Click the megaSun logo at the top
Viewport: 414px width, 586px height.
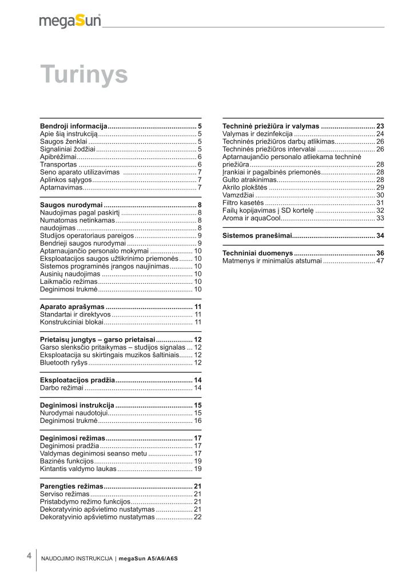point(70,21)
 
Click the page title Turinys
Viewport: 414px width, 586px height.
point(83,74)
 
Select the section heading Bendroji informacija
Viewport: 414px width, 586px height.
point(74,125)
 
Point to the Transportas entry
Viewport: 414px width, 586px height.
point(58,164)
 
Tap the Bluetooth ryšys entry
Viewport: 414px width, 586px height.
point(63,363)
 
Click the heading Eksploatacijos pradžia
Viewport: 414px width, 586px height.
point(78,380)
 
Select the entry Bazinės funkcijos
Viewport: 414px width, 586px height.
point(66,461)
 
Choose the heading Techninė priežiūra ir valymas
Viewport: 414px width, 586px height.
point(271,125)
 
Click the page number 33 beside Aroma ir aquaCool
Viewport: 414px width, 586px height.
point(380,218)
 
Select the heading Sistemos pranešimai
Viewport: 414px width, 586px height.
point(257,236)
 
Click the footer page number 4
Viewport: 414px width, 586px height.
point(29,556)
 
